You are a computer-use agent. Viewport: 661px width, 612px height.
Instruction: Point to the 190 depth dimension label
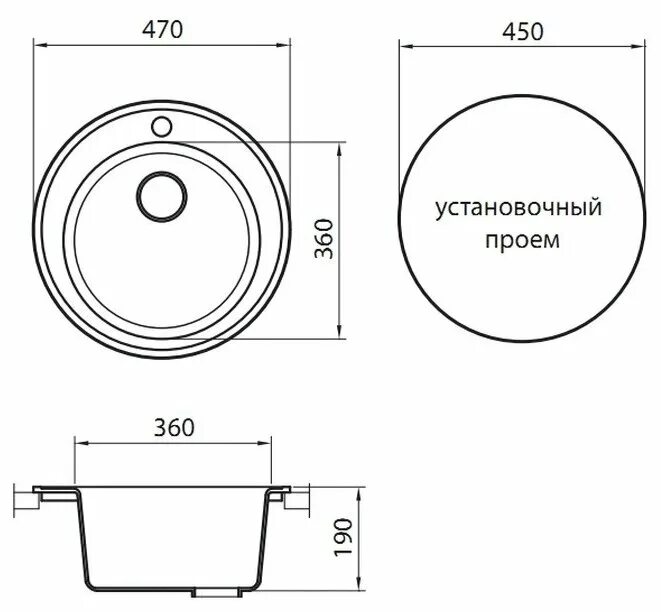342,540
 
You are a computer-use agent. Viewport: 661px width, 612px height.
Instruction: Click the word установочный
517,210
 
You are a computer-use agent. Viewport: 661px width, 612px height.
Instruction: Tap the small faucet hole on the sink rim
161,127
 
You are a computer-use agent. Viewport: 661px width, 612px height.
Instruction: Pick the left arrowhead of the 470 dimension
39,44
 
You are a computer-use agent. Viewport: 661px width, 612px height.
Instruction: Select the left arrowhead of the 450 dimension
404,44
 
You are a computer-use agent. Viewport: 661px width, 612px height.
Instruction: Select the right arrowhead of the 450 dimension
637,44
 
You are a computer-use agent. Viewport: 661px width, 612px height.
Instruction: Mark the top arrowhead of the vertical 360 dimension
341,146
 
